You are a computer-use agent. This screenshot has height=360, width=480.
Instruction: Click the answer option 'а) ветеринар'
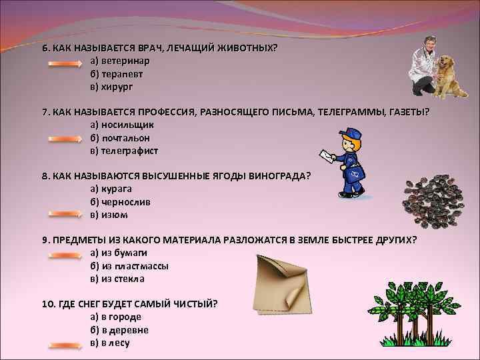tap(120, 61)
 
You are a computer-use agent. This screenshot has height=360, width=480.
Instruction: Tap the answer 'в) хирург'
tap(112, 87)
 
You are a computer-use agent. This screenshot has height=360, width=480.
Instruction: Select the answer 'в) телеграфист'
tap(125, 151)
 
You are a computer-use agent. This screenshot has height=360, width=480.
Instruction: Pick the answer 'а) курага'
tap(111, 189)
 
